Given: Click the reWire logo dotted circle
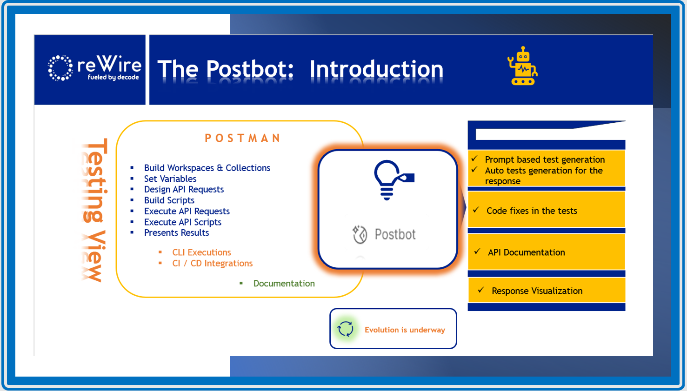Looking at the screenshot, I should click(60, 68).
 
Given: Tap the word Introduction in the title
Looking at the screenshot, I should click(376, 69).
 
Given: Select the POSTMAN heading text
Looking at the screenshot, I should click(243, 138).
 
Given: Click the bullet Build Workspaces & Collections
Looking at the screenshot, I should click(207, 168).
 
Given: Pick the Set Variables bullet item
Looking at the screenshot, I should click(170, 179).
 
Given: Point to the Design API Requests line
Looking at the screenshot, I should click(184, 189).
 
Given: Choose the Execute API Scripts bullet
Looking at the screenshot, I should click(183, 222).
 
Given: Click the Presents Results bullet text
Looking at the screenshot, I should click(176, 232).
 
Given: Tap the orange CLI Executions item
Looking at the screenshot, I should click(201, 252).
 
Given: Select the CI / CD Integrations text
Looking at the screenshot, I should click(213, 263).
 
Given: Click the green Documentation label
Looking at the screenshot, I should click(284, 283).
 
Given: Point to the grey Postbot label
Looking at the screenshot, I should click(395, 234).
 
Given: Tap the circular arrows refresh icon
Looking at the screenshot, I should click(346, 329).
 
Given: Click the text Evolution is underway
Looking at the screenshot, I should click(405, 330).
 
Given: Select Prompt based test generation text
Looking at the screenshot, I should click(545, 159).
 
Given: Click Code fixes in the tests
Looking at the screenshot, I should click(532, 211).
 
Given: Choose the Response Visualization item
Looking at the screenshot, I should click(537, 291).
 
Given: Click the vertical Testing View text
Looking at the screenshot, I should click(95, 210).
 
